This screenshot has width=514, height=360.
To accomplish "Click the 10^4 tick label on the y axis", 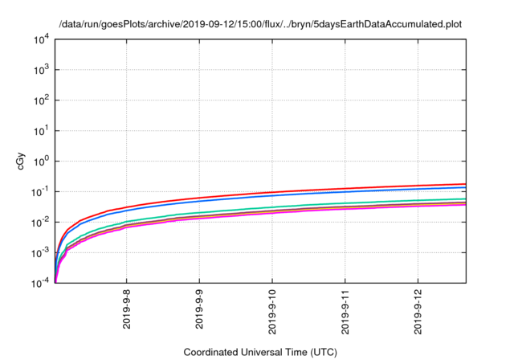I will point(39,39).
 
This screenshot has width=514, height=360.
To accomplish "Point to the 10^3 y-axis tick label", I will point(39,70).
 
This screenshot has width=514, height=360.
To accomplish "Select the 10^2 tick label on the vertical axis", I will point(39,100).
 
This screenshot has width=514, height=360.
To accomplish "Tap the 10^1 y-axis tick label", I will point(39,130).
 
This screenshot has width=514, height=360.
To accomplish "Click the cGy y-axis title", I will point(22,161).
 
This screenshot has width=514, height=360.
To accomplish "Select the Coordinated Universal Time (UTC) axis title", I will point(259,352).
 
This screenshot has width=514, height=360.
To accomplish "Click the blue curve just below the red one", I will point(321,193).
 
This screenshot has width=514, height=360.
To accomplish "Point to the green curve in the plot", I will point(321,204).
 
